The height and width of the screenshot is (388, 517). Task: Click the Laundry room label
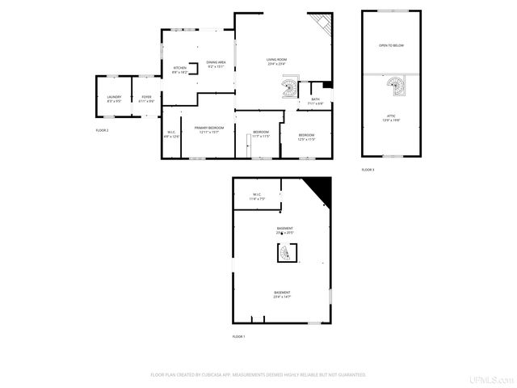(x=114, y=99)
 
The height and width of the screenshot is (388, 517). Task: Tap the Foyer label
(x=146, y=99)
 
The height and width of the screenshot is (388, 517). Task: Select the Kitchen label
(x=180, y=70)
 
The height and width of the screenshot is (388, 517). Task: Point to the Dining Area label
(x=216, y=64)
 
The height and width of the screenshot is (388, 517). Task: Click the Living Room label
(x=277, y=61)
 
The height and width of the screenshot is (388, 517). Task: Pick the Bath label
(x=315, y=101)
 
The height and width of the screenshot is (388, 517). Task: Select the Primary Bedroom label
(x=209, y=129)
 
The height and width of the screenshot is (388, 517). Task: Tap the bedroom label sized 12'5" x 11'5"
(x=306, y=137)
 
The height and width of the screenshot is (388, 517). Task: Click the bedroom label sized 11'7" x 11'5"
(x=261, y=134)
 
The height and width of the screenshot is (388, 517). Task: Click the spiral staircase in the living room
(x=289, y=86)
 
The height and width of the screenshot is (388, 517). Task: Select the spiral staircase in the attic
(x=393, y=84)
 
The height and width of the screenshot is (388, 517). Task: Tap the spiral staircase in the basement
(x=284, y=255)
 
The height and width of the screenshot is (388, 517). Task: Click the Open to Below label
(x=391, y=45)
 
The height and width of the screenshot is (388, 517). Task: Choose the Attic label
(x=390, y=117)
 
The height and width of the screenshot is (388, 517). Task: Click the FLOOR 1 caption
(x=238, y=335)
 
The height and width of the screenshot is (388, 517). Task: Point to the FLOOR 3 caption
(x=368, y=169)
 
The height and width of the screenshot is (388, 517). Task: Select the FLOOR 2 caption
(x=102, y=130)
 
